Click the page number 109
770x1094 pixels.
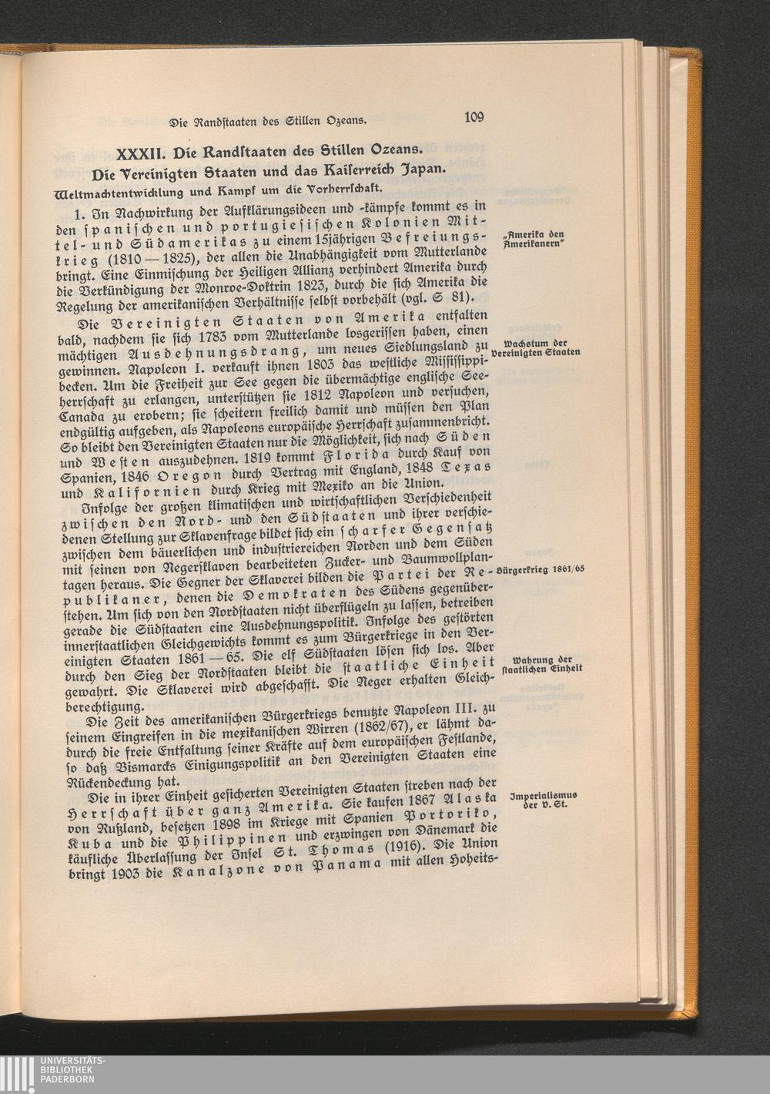click(474, 117)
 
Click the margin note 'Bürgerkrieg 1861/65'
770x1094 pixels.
click(541, 569)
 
